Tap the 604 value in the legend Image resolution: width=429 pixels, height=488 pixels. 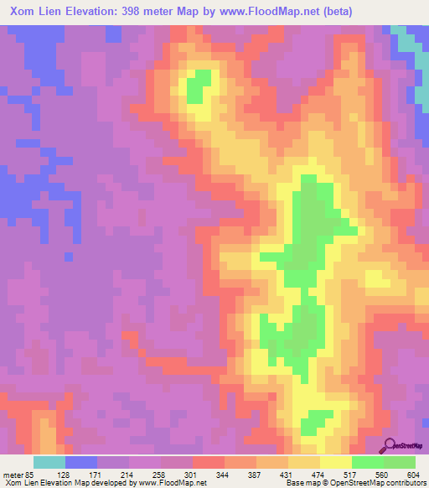click(x=412, y=474)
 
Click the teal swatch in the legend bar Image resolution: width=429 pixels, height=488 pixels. click(x=49, y=462)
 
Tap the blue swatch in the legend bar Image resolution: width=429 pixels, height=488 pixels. click(x=80, y=462)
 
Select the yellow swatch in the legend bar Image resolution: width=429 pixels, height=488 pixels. click(x=335, y=462)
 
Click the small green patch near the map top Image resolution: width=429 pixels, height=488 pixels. click(x=198, y=85)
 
